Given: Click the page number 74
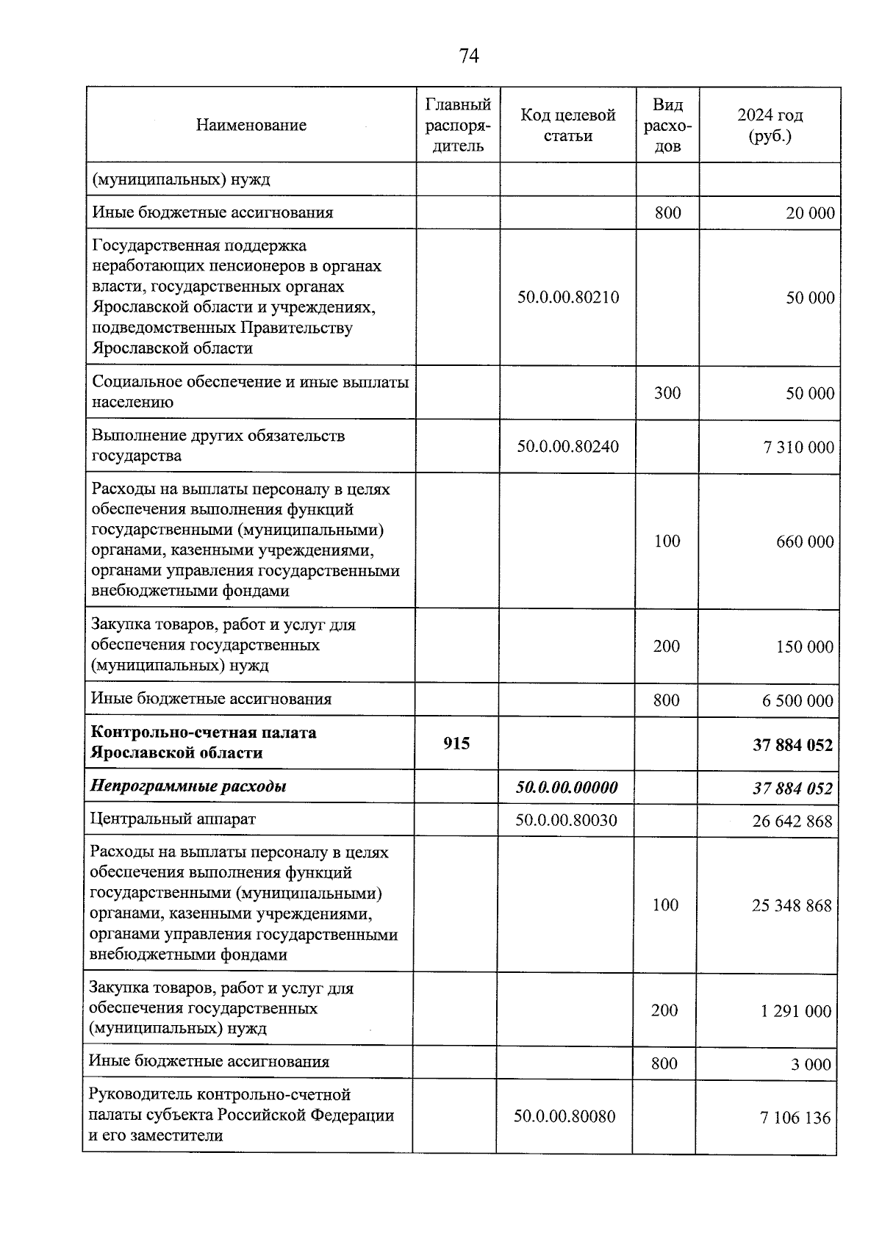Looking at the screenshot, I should point(469,56).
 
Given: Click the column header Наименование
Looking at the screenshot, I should point(251,125).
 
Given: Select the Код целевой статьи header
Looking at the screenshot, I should point(567,125).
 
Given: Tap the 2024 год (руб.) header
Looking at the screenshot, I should point(770,125).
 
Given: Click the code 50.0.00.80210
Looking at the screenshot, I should point(567,298).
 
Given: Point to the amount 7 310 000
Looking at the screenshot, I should point(799,448).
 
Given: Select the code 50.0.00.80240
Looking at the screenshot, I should point(567,446).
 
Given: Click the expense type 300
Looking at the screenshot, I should point(667,393).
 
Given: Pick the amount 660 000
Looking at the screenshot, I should point(805,542).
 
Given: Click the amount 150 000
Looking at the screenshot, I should point(805,647).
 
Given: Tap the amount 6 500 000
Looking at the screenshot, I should point(797,700).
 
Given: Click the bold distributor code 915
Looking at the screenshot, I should point(456,744).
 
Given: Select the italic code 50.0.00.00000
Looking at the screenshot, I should point(567,787).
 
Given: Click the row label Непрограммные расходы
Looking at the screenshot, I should point(188,786).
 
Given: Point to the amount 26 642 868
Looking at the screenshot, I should point(792,821).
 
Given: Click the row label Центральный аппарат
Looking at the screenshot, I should point(173,819).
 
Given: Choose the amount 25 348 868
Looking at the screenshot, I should point(792,905).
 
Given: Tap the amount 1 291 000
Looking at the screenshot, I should point(796,1011).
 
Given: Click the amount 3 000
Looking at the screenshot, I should point(811,1065).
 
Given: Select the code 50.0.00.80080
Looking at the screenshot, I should point(564,1116).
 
